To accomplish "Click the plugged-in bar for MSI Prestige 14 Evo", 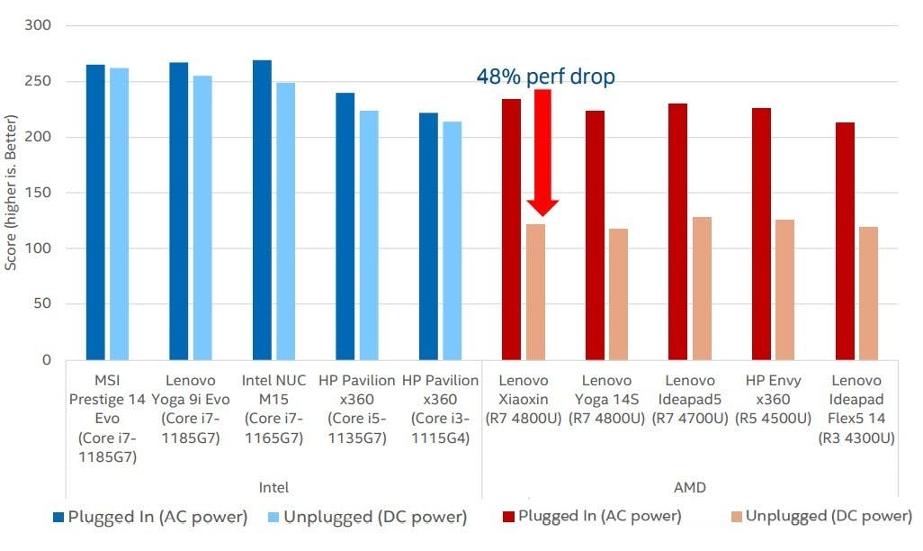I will [x=95, y=212].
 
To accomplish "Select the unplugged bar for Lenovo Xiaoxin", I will [x=535, y=292].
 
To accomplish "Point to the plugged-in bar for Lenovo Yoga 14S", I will [x=595, y=235].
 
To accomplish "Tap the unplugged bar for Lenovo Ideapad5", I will [x=702, y=288].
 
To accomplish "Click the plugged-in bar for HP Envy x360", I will [x=761, y=234].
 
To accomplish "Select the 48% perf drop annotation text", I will [x=545, y=77].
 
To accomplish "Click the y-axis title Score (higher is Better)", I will [x=11, y=193].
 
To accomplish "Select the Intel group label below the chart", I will [x=273, y=488].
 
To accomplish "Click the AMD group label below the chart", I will [x=689, y=488].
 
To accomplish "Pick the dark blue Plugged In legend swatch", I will [x=58, y=518].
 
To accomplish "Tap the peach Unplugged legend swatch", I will [x=734, y=517].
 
